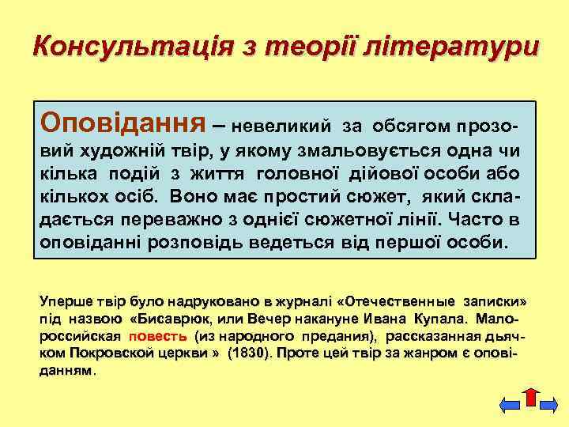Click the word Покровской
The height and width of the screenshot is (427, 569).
pos(111,352)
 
